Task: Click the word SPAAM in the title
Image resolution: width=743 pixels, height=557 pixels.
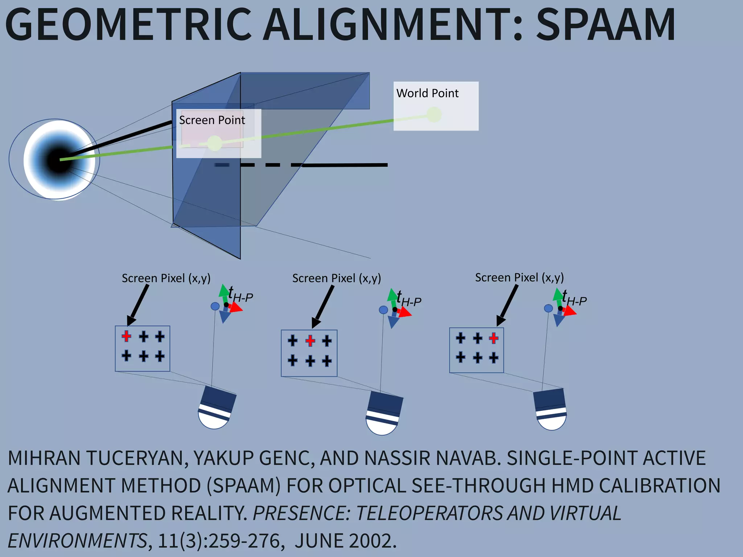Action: pyautogui.click(x=605, y=25)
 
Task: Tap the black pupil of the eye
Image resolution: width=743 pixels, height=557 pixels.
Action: pyautogui.click(x=58, y=160)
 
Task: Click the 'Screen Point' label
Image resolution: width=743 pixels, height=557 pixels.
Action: pyautogui.click(x=212, y=120)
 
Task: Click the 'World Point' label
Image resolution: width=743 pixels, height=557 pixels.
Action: pyautogui.click(x=427, y=93)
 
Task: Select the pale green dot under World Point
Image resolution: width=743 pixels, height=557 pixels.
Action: pyautogui.click(x=434, y=115)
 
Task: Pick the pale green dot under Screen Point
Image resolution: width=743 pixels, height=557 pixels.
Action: pyautogui.click(x=214, y=143)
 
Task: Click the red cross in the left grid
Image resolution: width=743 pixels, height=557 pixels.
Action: pyautogui.click(x=126, y=336)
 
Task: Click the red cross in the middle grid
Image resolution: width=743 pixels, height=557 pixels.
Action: pyautogui.click(x=310, y=341)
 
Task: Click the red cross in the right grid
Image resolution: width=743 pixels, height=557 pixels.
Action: pyautogui.click(x=493, y=338)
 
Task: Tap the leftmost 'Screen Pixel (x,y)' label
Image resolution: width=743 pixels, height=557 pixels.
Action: pyautogui.click(x=166, y=278)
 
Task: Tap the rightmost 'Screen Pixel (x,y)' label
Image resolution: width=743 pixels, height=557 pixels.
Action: pyautogui.click(x=519, y=277)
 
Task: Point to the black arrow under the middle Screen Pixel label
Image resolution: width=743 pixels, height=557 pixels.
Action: pyautogui.click(x=324, y=306)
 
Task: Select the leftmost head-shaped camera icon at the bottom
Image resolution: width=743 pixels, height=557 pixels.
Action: pyautogui.click(x=216, y=408)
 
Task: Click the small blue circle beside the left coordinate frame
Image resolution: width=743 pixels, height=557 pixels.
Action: pyautogui.click(x=215, y=306)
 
